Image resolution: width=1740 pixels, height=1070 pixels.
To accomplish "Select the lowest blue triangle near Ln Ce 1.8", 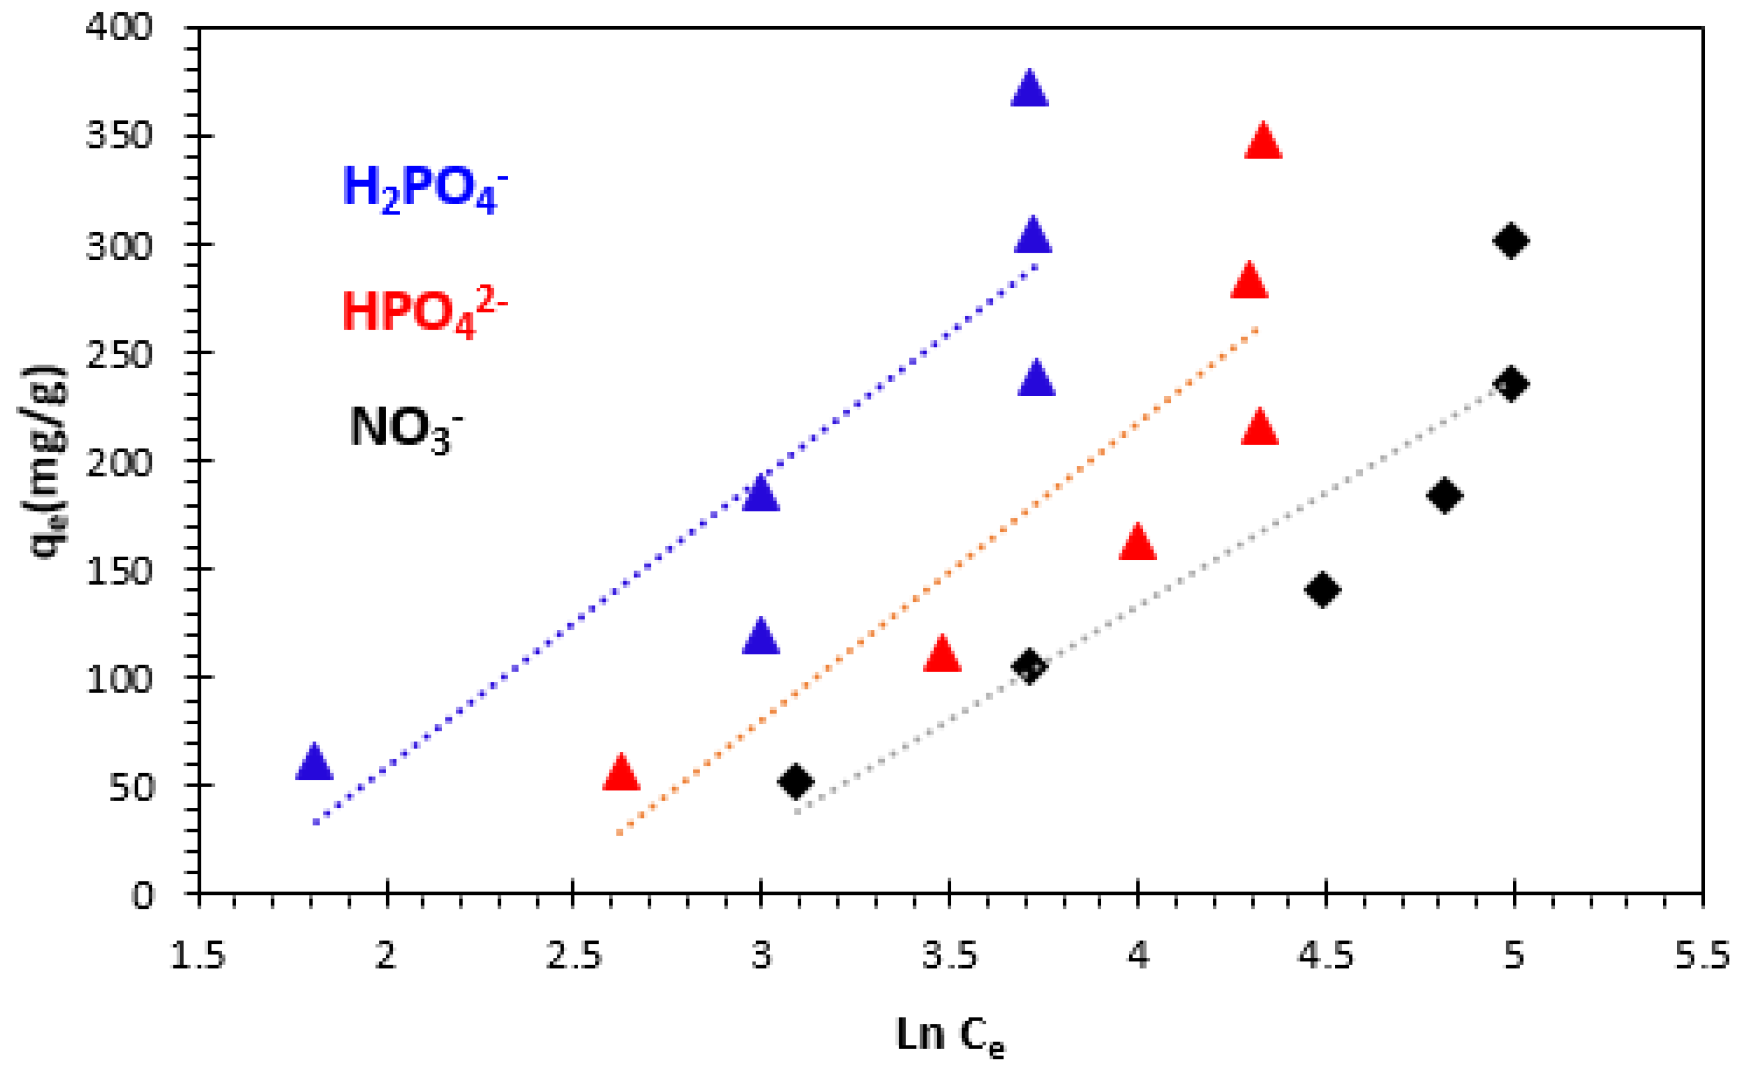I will [314, 763].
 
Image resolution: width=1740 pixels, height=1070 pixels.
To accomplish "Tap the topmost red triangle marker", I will [1263, 142].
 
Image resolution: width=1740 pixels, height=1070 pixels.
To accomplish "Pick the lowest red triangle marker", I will [621, 773].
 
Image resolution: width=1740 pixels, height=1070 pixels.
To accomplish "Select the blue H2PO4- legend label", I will [425, 188].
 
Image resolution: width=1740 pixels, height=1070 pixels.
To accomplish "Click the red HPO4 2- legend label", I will [425, 312].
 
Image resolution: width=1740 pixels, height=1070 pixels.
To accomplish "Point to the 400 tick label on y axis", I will [119, 28].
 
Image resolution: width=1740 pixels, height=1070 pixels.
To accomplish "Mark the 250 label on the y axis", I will [119, 354].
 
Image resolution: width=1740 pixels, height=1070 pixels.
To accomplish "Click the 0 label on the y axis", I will [142, 896].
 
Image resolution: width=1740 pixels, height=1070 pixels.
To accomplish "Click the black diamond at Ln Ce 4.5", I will [1323, 590].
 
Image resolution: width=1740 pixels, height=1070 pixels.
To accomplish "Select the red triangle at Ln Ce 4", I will [1137, 543].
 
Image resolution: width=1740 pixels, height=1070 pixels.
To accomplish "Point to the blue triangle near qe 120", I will [761, 637].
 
